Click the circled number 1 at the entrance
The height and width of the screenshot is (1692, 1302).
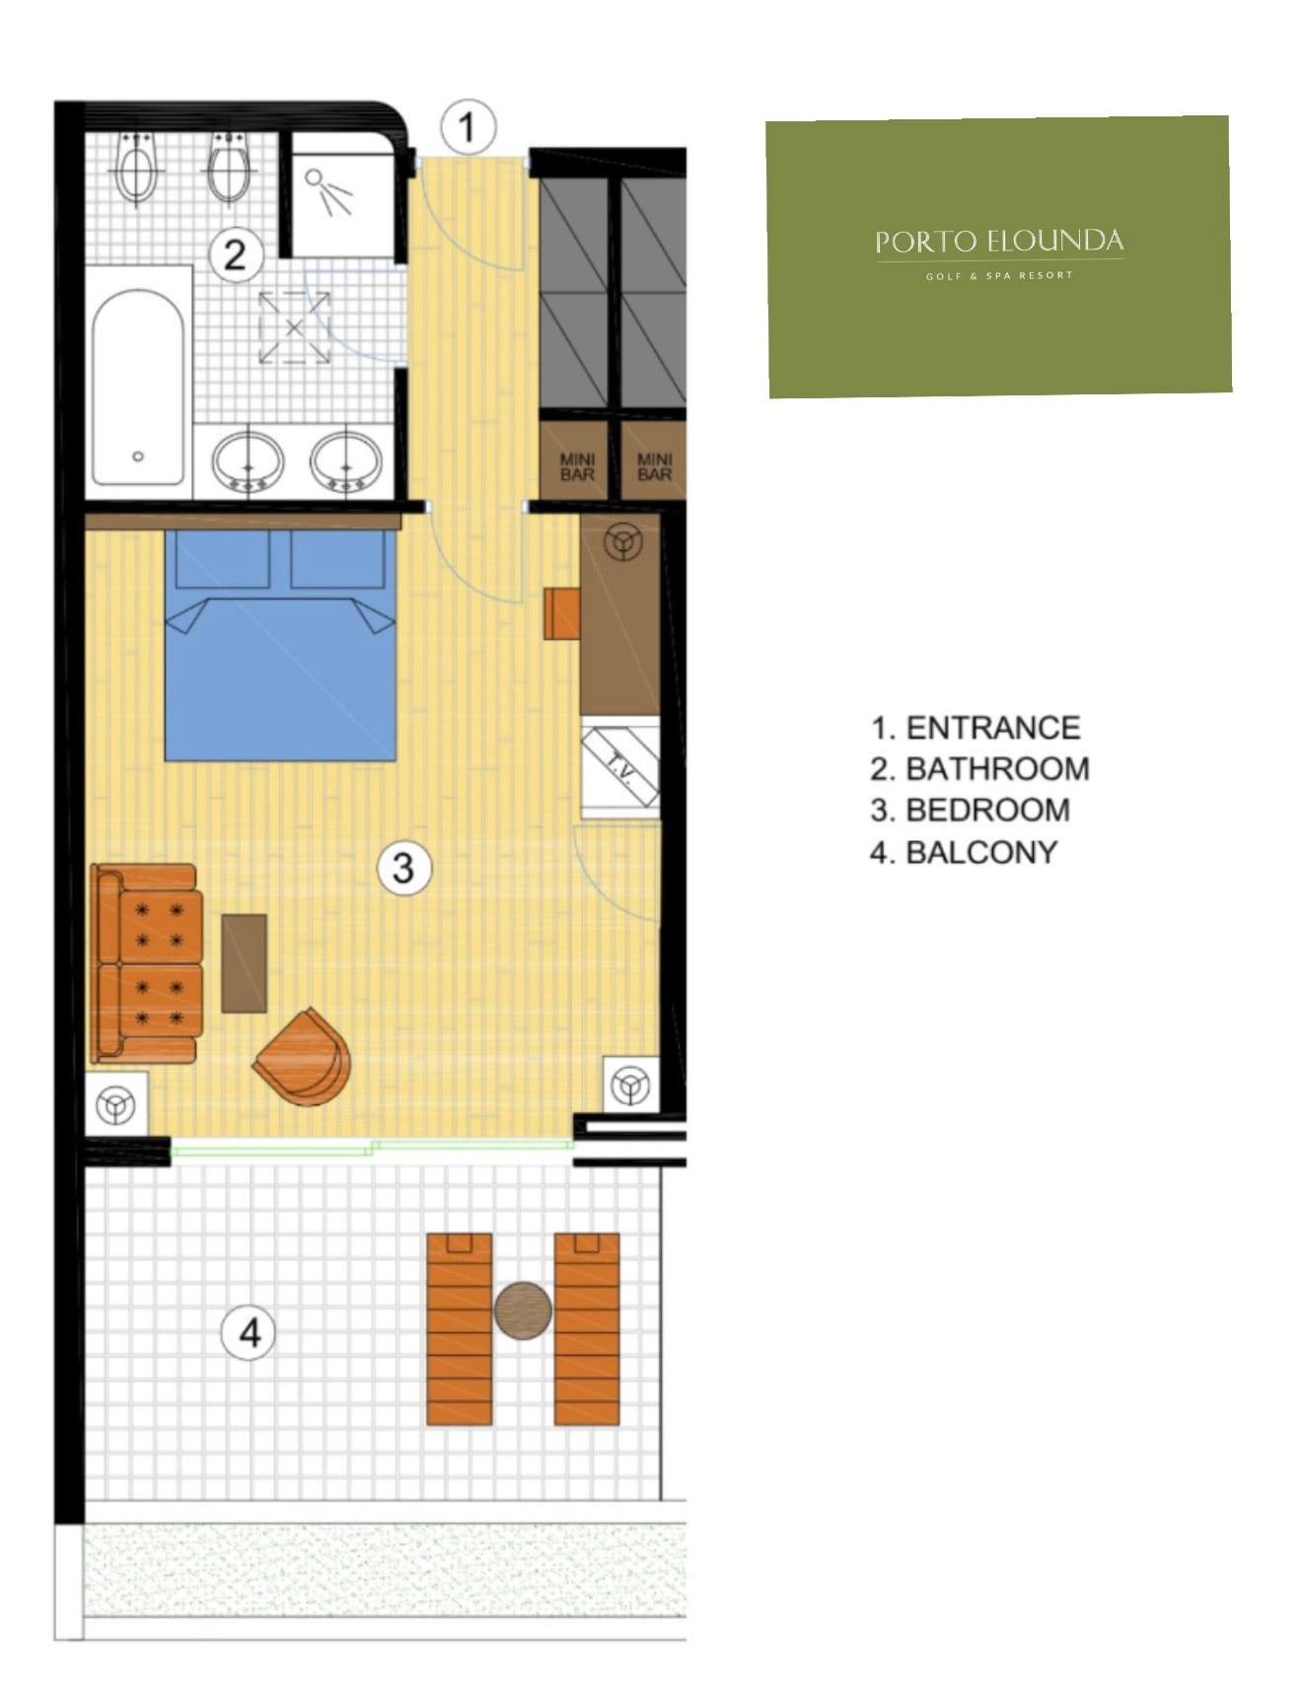coord(468,127)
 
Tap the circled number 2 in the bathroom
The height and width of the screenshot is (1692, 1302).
coord(235,255)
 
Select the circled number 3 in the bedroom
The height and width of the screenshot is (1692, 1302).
coord(403,868)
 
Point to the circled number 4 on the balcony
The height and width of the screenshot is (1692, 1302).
coord(250,1333)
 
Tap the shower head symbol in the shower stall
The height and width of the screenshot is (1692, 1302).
coord(327,191)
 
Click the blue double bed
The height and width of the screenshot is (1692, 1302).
coord(280,645)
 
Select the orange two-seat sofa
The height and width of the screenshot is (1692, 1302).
coord(146,963)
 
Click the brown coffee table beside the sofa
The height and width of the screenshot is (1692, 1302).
coord(244,963)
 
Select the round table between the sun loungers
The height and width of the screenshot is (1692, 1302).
coord(523,1310)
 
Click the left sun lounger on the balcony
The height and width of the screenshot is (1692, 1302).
coord(459,1329)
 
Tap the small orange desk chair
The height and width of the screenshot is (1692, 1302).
coord(562,614)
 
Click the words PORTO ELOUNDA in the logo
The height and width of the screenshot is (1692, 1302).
coord(999,242)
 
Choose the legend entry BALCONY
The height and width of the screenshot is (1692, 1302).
coord(981,852)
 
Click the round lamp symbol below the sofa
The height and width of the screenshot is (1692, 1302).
coord(115,1105)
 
